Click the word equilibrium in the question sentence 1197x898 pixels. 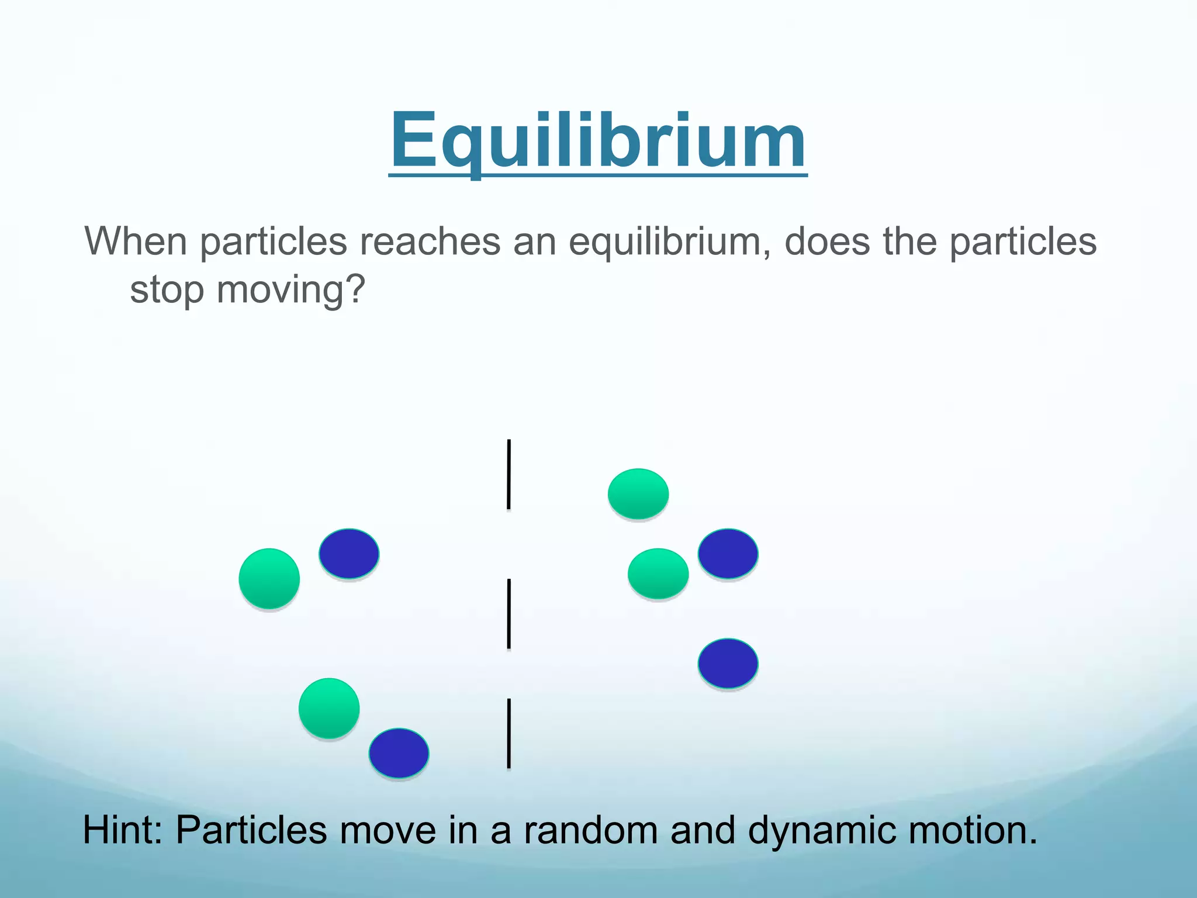[x=669, y=241]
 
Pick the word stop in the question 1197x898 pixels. [x=167, y=289]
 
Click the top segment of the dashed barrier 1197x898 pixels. [x=508, y=474]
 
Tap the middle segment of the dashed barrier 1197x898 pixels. [x=509, y=614]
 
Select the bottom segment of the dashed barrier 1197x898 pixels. [x=509, y=733]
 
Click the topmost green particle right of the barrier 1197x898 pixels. [x=638, y=494]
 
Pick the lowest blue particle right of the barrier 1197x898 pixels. [x=728, y=664]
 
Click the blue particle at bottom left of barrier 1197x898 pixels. [x=399, y=753]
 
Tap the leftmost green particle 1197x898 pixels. [x=269, y=579]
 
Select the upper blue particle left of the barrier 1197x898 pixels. [x=349, y=554]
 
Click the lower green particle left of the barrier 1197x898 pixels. [x=329, y=708]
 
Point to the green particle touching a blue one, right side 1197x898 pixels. [x=658, y=574]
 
